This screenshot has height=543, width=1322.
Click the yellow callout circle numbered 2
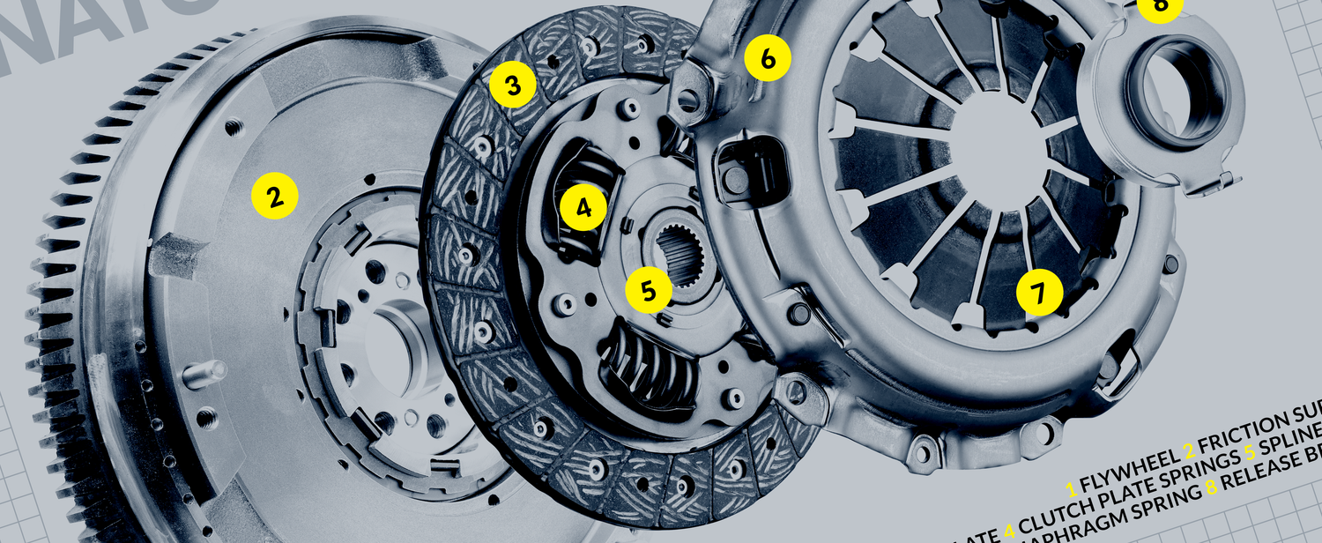(x=275, y=195)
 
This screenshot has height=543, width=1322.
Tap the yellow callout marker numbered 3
(x=513, y=85)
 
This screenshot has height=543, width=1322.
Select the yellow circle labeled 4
(x=583, y=207)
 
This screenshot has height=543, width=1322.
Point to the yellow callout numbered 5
(x=649, y=292)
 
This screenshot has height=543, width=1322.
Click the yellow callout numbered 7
(x=1040, y=293)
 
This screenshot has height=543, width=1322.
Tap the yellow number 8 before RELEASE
(x=1213, y=510)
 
